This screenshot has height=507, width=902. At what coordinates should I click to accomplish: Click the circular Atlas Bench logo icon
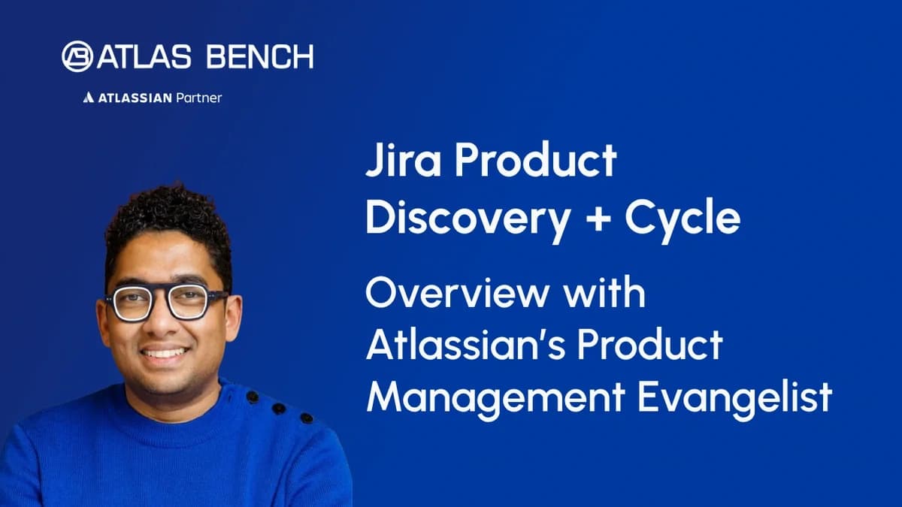(77, 56)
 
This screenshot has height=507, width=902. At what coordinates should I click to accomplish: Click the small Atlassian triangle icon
(88, 98)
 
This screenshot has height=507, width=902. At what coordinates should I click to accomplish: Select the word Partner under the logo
(198, 98)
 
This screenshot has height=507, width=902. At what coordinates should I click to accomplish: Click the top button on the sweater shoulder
(253, 396)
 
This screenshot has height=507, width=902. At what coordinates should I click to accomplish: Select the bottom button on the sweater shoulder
(306, 418)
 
